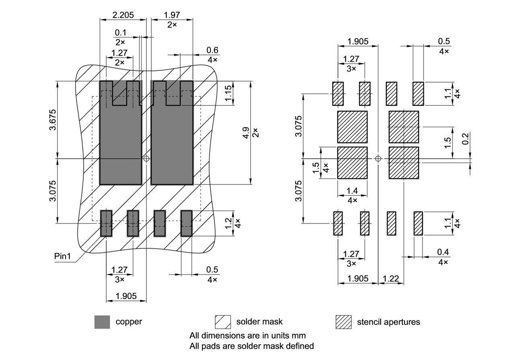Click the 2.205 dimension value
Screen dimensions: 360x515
[x=123, y=15]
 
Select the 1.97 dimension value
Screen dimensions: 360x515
[x=172, y=15]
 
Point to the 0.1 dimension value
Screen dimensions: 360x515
[x=120, y=32]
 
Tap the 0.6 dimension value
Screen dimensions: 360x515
[x=212, y=50]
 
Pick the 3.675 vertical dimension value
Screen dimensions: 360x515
[x=53, y=120]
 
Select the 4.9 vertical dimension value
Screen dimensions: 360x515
[x=246, y=132]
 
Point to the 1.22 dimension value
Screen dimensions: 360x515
[x=391, y=278]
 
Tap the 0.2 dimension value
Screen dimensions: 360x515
[x=465, y=139]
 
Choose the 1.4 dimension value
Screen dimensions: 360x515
[x=352, y=191]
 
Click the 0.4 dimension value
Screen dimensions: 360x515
[x=443, y=252]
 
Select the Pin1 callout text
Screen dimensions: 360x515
[x=62, y=256]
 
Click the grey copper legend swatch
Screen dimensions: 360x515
[x=102, y=322]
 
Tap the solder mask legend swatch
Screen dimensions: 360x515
[x=223, y=322]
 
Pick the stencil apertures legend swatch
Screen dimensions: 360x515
[x=343, y=322]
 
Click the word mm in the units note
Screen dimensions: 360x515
[x=299, y=335]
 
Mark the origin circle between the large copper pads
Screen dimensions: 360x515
[x=146, y=159]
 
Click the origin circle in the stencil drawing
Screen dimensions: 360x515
[x=378, y=159]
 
